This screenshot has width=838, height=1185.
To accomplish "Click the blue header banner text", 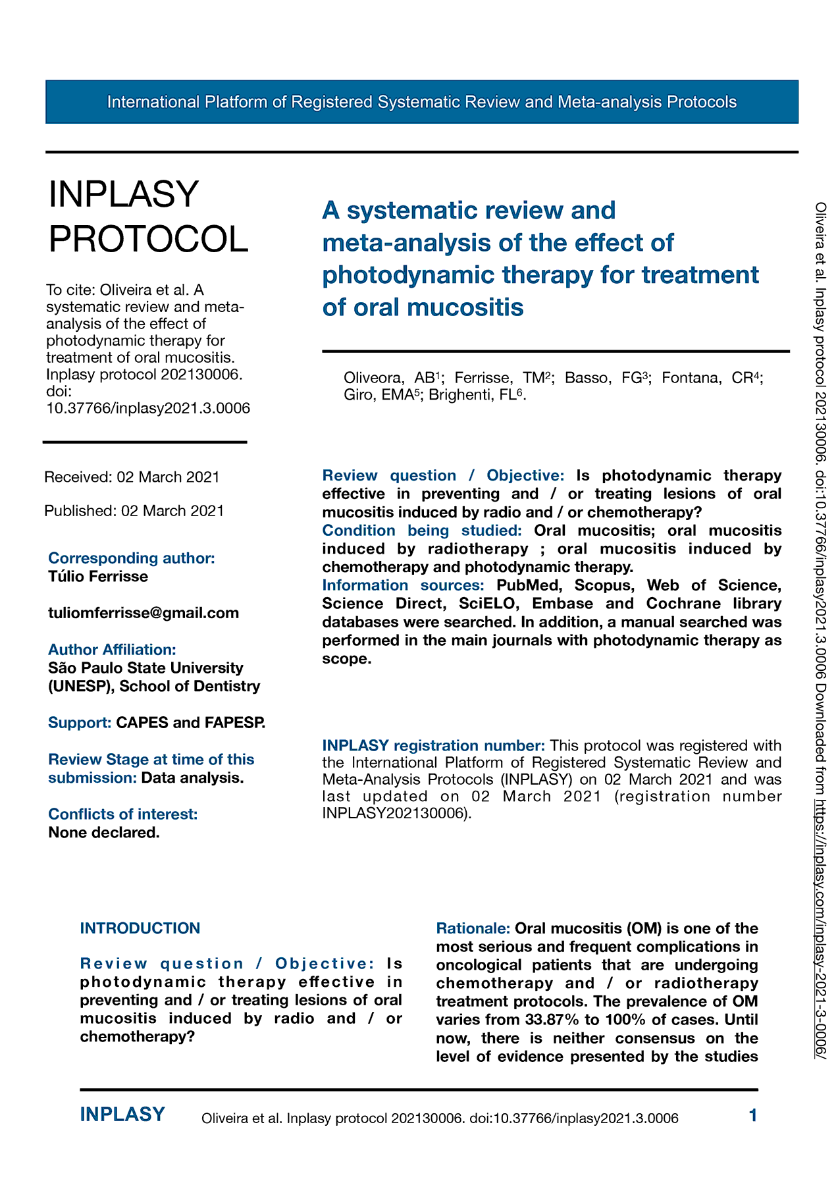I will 421,102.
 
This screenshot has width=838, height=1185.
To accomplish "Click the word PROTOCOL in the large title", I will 149,238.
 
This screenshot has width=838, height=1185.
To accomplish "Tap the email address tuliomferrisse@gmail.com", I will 144,613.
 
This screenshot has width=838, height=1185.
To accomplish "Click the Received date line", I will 132,477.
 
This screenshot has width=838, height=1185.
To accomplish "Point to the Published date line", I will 134,511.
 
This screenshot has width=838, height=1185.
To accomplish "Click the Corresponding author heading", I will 132,558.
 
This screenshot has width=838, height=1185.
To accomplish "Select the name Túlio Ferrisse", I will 98,577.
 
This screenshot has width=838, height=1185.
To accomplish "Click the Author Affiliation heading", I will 112,650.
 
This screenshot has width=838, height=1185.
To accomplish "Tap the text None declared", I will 104,833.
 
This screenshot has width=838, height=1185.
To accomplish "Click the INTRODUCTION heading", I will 140,928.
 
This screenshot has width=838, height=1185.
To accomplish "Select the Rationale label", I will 473,928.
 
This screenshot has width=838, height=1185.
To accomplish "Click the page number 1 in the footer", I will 753,1115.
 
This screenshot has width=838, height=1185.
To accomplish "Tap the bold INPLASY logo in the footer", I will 122,1115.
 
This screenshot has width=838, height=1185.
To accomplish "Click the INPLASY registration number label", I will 433,746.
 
